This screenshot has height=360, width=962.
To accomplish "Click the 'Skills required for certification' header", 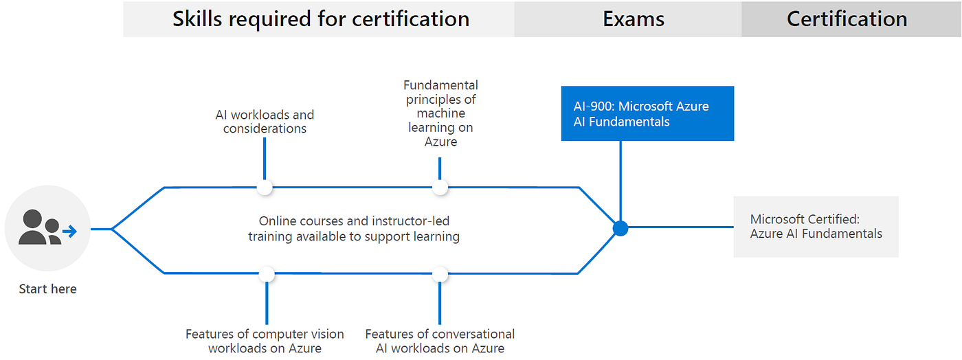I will click(x=320, y=19).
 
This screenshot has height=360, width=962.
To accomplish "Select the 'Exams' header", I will click(x=633, y=19).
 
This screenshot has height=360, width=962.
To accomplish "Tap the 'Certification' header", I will click(x=847, y=19).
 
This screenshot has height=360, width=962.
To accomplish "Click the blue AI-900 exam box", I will click(x=647, y=113).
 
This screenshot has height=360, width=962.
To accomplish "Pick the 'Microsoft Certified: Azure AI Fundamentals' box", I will click(x=816, y=227).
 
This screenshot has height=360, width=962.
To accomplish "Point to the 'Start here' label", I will click(x=47, y=289).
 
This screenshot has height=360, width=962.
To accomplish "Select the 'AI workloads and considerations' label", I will click(x=265, y=122).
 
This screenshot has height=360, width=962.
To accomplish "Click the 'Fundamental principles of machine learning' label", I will click(x=440, y=113).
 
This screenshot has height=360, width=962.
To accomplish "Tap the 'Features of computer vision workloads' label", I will click(x=265, y=341).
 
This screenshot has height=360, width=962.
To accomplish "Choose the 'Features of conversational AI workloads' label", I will click(x=440, y=341).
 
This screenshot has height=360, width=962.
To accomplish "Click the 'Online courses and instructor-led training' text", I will click(x=354, y=229).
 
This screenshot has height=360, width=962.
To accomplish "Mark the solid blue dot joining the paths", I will click(x=620, y=229).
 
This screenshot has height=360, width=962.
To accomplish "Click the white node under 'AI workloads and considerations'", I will click(x=265, y=187).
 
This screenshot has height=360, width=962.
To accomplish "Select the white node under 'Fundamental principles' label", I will click(x=440, y=187).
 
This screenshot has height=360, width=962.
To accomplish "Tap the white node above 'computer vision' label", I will click(x=267, y=274).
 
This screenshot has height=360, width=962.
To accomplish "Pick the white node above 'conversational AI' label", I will click(x=440, y=274).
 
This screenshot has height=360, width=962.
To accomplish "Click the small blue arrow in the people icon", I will click(x=69, y=232).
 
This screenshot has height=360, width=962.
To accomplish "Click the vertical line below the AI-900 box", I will click(x=620, y=179).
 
